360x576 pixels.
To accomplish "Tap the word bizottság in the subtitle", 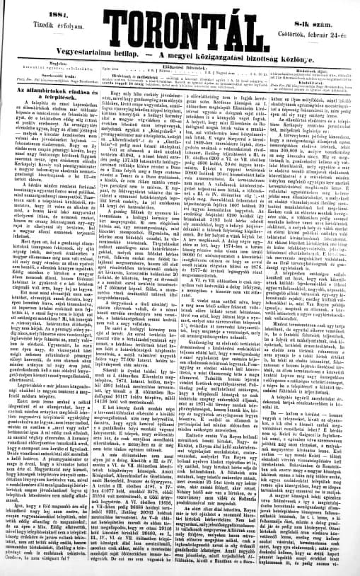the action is click(x=307, y=57).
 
